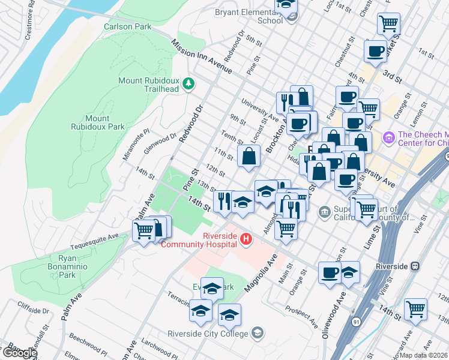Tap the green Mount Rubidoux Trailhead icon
[x=189, y=83]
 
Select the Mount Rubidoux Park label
[x=106, y=122]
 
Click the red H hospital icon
[x=246, y=239]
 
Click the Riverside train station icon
[x=414, y=266]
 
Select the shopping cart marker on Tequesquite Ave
[x=143, y=230]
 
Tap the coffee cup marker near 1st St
[x=375, y=51]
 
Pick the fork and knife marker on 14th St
[x=224, y=200]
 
